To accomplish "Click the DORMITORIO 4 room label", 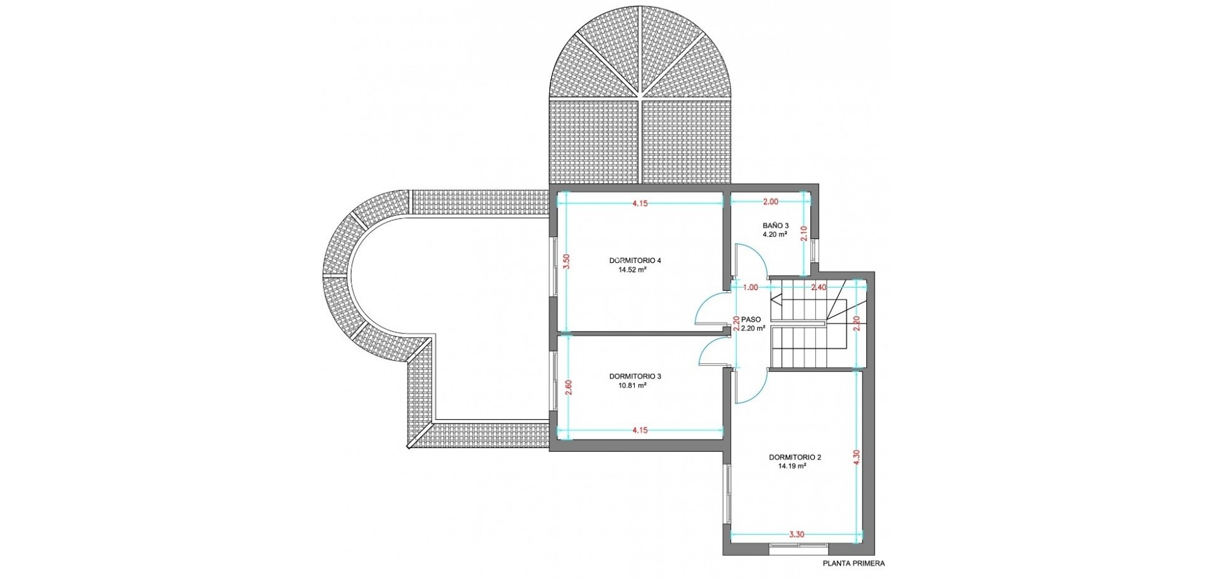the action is coord(635,261).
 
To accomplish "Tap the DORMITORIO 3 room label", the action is coord(635,376).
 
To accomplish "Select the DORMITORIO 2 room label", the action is coord(795,458).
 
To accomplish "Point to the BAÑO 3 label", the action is coord(775,225).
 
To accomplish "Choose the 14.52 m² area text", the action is coord(634,270).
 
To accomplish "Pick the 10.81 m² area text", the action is coord(634,386).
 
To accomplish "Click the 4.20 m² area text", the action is coord(775,234).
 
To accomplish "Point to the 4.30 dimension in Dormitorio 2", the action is coord(856,458).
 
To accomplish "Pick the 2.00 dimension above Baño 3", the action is coord(770,202).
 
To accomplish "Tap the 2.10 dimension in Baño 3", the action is coord(803,234).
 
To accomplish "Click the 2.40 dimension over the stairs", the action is coord(818,288).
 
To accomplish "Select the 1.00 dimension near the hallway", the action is coord(750,288).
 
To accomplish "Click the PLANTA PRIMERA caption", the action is coord(853,564).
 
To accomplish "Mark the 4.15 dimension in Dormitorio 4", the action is coord(640,203).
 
